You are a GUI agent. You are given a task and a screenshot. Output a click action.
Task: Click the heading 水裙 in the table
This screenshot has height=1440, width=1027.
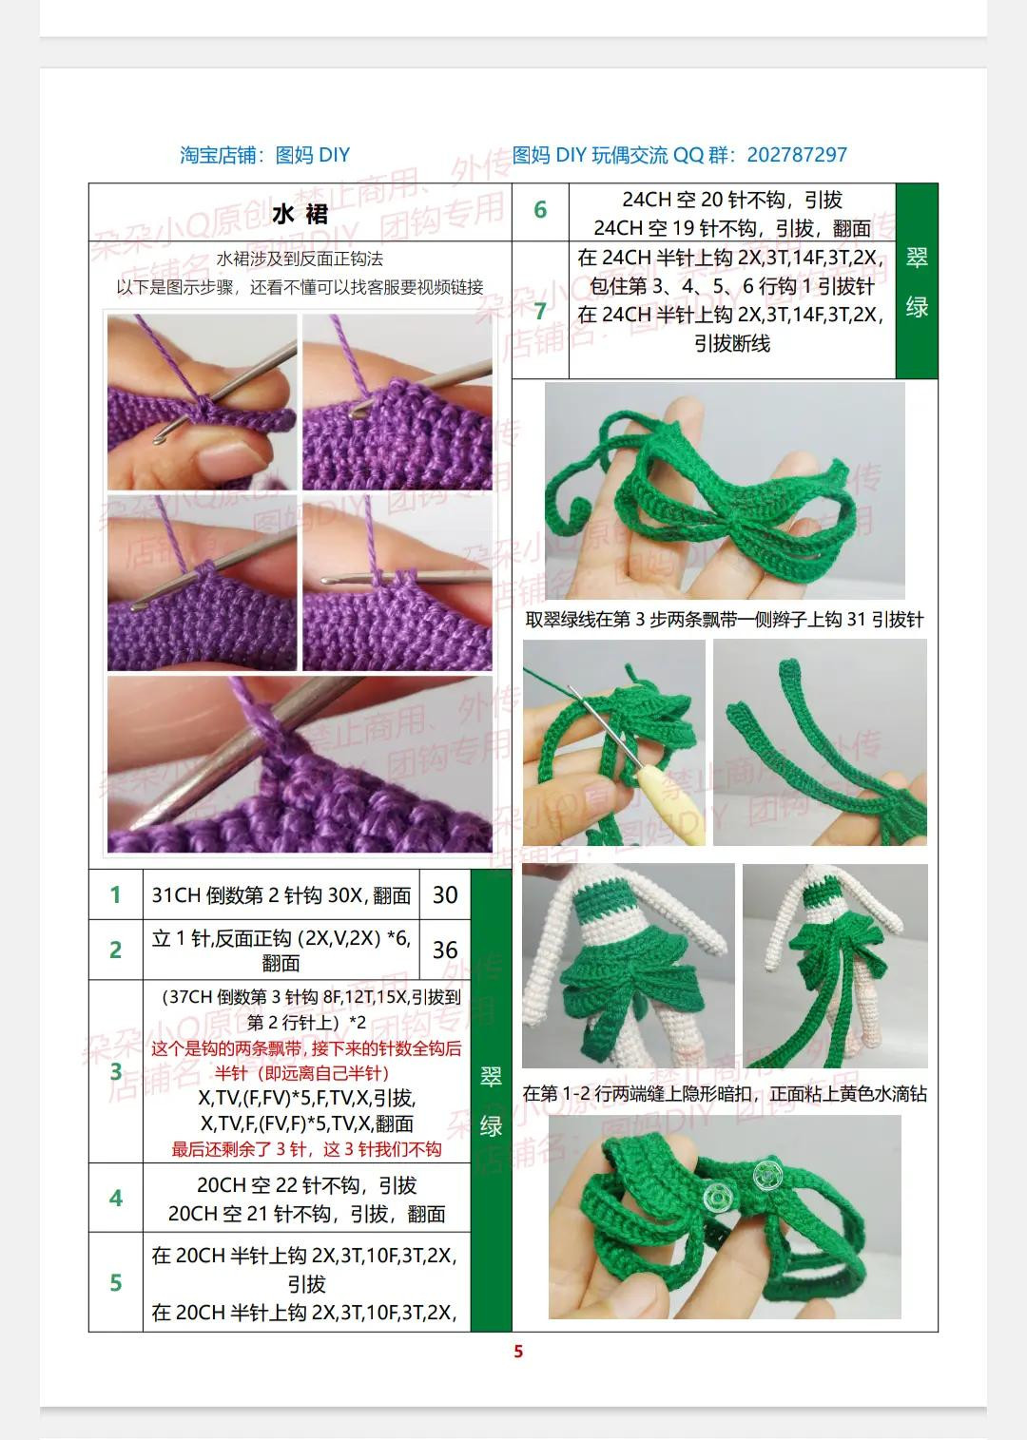click(x=300, y=214)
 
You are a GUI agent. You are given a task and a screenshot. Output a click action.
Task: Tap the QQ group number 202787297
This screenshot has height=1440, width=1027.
click(x=797, y=155)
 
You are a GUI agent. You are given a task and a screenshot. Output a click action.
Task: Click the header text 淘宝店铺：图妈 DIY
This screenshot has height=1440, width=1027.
click(x=264, y=155)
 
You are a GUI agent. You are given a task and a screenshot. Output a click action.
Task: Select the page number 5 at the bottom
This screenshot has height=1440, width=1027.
click(x=518, y=1352)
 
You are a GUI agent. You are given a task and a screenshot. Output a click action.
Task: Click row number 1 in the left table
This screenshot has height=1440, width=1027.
click(x=116, y=894)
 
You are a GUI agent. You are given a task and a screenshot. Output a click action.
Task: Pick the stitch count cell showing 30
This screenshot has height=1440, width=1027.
click(x=445, y=894)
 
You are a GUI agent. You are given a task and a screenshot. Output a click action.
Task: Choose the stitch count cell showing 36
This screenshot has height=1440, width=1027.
click(x=445, y=950)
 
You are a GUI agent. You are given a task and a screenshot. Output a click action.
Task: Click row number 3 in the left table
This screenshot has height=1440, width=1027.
click(x=116, y=1071)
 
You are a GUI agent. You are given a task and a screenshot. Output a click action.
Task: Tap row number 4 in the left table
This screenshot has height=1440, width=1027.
click(x=116, y=1198)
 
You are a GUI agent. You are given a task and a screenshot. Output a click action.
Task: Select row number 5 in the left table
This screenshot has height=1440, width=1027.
click(x=116, y=1282)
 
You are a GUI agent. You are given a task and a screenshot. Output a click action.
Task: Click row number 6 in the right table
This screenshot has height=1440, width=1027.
click(x=540, y=210)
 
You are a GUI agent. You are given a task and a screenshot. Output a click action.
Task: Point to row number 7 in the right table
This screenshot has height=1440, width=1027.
click(x=540, y=311)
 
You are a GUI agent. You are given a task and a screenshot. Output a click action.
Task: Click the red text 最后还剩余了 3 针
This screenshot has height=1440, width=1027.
click(x=306, y=1149)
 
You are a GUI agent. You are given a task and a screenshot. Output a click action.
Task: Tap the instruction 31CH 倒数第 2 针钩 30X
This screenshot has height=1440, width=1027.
click(x=281, y=895)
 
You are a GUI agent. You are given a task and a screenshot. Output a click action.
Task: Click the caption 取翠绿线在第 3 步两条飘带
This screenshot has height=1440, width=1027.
click(x=725, y=620)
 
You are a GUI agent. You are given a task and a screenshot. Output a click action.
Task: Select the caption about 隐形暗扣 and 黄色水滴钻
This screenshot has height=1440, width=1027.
click(x=725, y=1094)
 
